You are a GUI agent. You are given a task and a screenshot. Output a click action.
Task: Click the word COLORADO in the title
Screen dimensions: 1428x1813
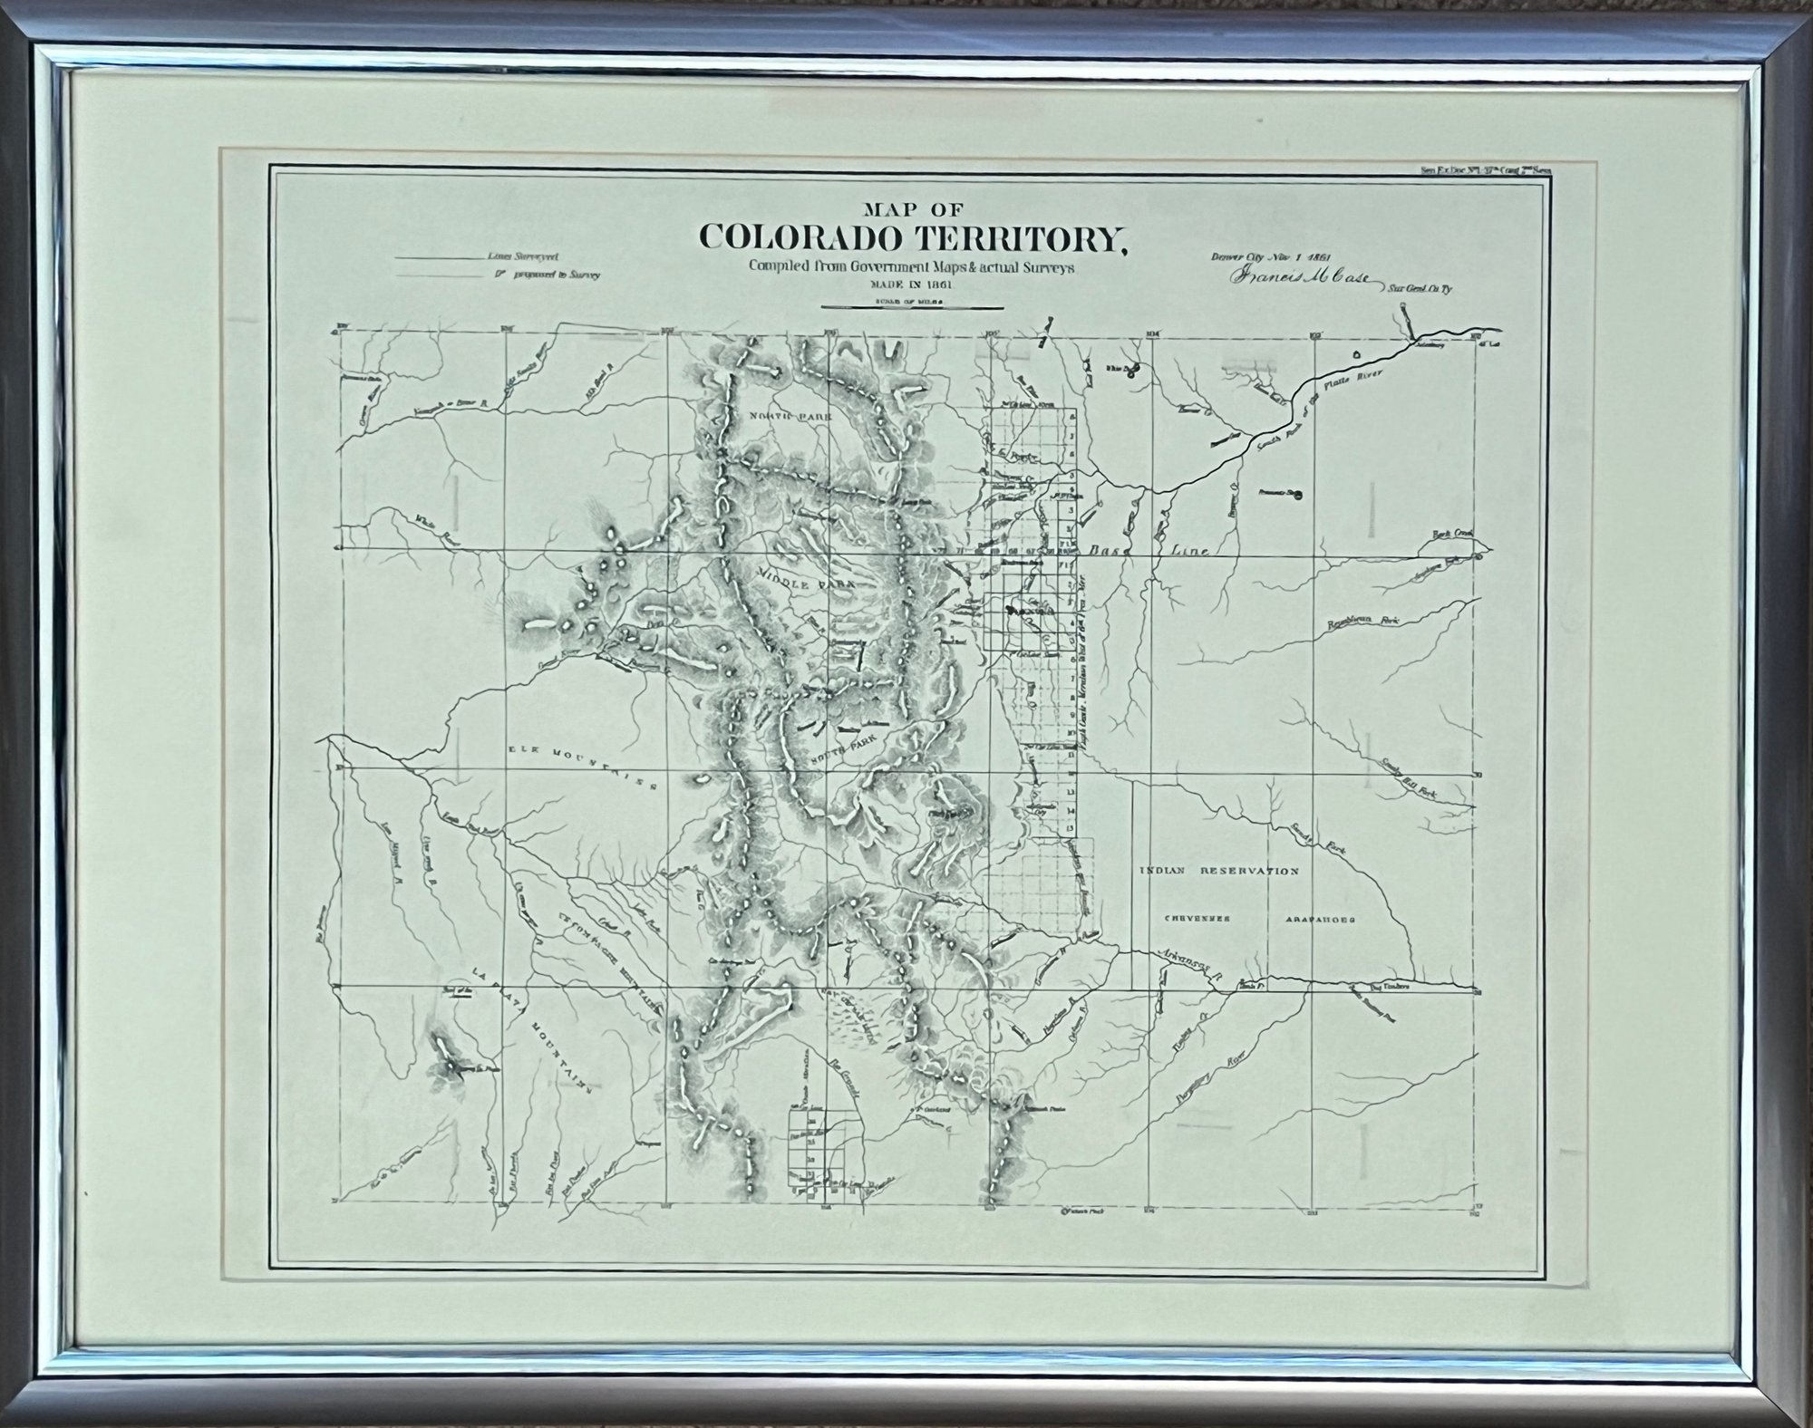pyautogui.click(x=800, y=238)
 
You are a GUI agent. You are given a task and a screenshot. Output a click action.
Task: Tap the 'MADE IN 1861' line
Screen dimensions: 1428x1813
pyautogui.click(x=903, y=285)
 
